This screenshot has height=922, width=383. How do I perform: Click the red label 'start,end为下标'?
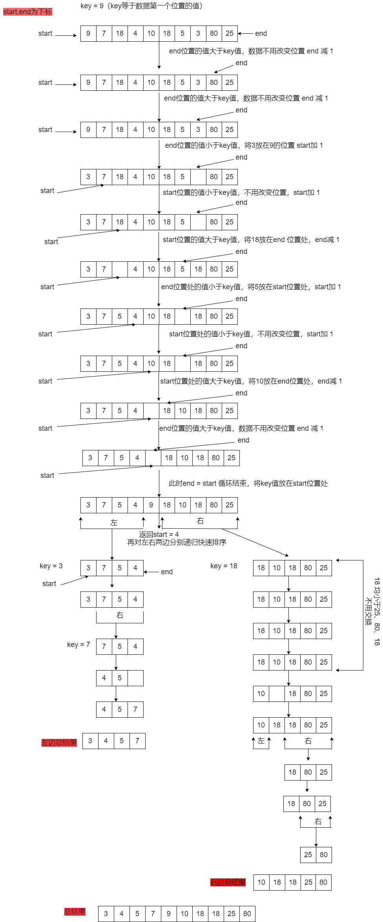coord(27,12)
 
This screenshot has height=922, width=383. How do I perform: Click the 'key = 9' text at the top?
coord(92,6)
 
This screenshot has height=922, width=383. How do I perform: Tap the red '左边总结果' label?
coord(59,742)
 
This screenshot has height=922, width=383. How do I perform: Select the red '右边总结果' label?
coord(228,882)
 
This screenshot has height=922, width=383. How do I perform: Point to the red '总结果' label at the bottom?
coord(75,911)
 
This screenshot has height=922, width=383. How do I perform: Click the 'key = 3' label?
coord(51,566)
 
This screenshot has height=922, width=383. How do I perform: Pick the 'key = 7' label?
coord(78,645)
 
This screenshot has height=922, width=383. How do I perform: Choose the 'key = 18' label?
coord(224,566)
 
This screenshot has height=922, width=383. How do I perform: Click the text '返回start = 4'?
coord(159,534)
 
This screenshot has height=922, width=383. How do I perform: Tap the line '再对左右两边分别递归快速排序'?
coord(177,542)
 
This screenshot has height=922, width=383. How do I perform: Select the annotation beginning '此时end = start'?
coord(248,483)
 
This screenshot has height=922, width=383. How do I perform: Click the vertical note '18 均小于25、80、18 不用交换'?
coord(372,611)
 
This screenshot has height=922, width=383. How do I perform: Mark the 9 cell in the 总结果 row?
coord(169,914)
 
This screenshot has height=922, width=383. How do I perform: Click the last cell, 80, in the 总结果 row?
coord(247,914)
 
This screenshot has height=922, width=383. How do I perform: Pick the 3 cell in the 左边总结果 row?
coord(90,741)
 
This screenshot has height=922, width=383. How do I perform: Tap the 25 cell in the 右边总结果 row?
coord(308,882)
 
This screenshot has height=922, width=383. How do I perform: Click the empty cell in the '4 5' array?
coord(135,678)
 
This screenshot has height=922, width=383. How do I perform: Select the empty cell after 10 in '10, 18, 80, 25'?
coord(277,694)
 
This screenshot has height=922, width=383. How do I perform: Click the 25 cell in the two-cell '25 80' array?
coord(308,855)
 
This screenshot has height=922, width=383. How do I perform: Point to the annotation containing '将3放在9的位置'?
coord(244,145)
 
